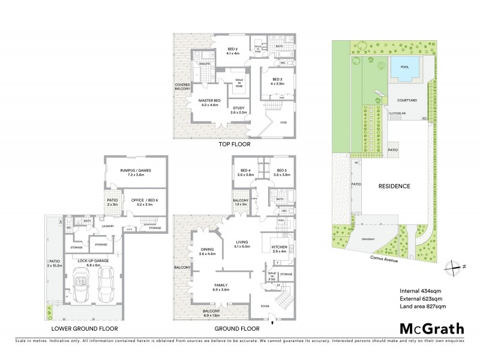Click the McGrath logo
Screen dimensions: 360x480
pos(430,328)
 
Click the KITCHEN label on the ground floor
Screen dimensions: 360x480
pos(280,248)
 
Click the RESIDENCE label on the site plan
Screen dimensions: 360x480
pos(394,187)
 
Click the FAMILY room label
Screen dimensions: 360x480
pos(221,287)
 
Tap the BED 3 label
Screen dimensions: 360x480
pos(277,81)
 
